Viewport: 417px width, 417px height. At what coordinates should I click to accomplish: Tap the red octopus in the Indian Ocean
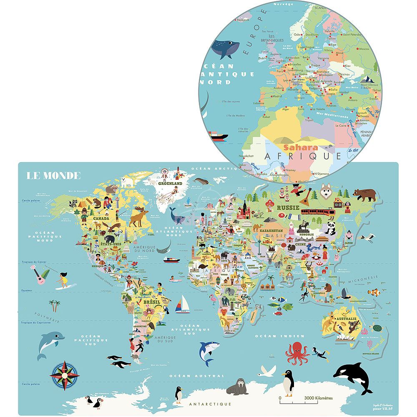(x=296, y=352)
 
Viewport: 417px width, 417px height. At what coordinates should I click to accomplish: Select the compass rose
(x=65, y=375)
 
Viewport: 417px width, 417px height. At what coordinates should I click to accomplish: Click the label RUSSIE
(x=289, y=207)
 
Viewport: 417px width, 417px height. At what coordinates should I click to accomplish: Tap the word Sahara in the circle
(x=300, y=147)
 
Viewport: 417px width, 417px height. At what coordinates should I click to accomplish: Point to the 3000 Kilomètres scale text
(x=319, y=398)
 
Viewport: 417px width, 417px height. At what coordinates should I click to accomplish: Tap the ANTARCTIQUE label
(x=210, y=404)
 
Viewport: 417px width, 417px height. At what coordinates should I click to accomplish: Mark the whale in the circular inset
(x=224, y=49)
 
